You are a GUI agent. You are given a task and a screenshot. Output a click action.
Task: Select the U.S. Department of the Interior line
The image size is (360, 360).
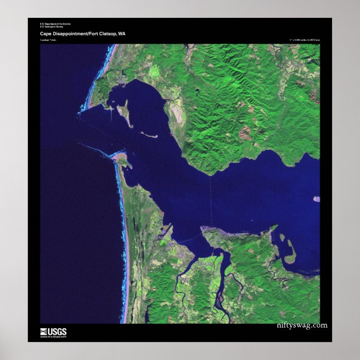(55, 23)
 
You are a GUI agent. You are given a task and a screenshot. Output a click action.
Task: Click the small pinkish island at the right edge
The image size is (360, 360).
(317, 198)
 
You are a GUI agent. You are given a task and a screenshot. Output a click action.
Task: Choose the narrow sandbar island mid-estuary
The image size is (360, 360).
(148, 134)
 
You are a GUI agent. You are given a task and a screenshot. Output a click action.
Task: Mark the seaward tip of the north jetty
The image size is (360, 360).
(79, 113)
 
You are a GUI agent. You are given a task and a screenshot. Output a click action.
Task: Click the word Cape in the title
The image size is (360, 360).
(45, 34)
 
